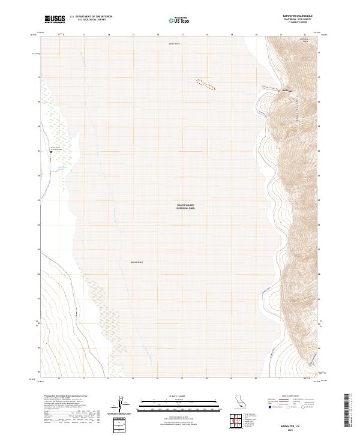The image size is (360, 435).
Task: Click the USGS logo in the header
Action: pyautogui.click(x=55, y=19)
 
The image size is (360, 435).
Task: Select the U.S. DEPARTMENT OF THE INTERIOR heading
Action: pyautogui.click(x=91, y=17)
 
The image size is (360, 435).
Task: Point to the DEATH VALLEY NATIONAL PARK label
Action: pyautogui.click(x=185, y=206)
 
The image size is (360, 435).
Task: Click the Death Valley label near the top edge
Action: pyautogui.click(x=173, y=44)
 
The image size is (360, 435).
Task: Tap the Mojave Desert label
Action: pyautogui.click(x=136, y=262)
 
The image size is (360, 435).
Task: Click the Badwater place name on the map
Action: pyautogui.click(x=287, y=91)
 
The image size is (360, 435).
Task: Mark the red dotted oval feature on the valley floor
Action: pyautogui.click(x=205, y=84)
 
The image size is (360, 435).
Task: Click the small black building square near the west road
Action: pyautogui.click(x=51, y=152)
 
